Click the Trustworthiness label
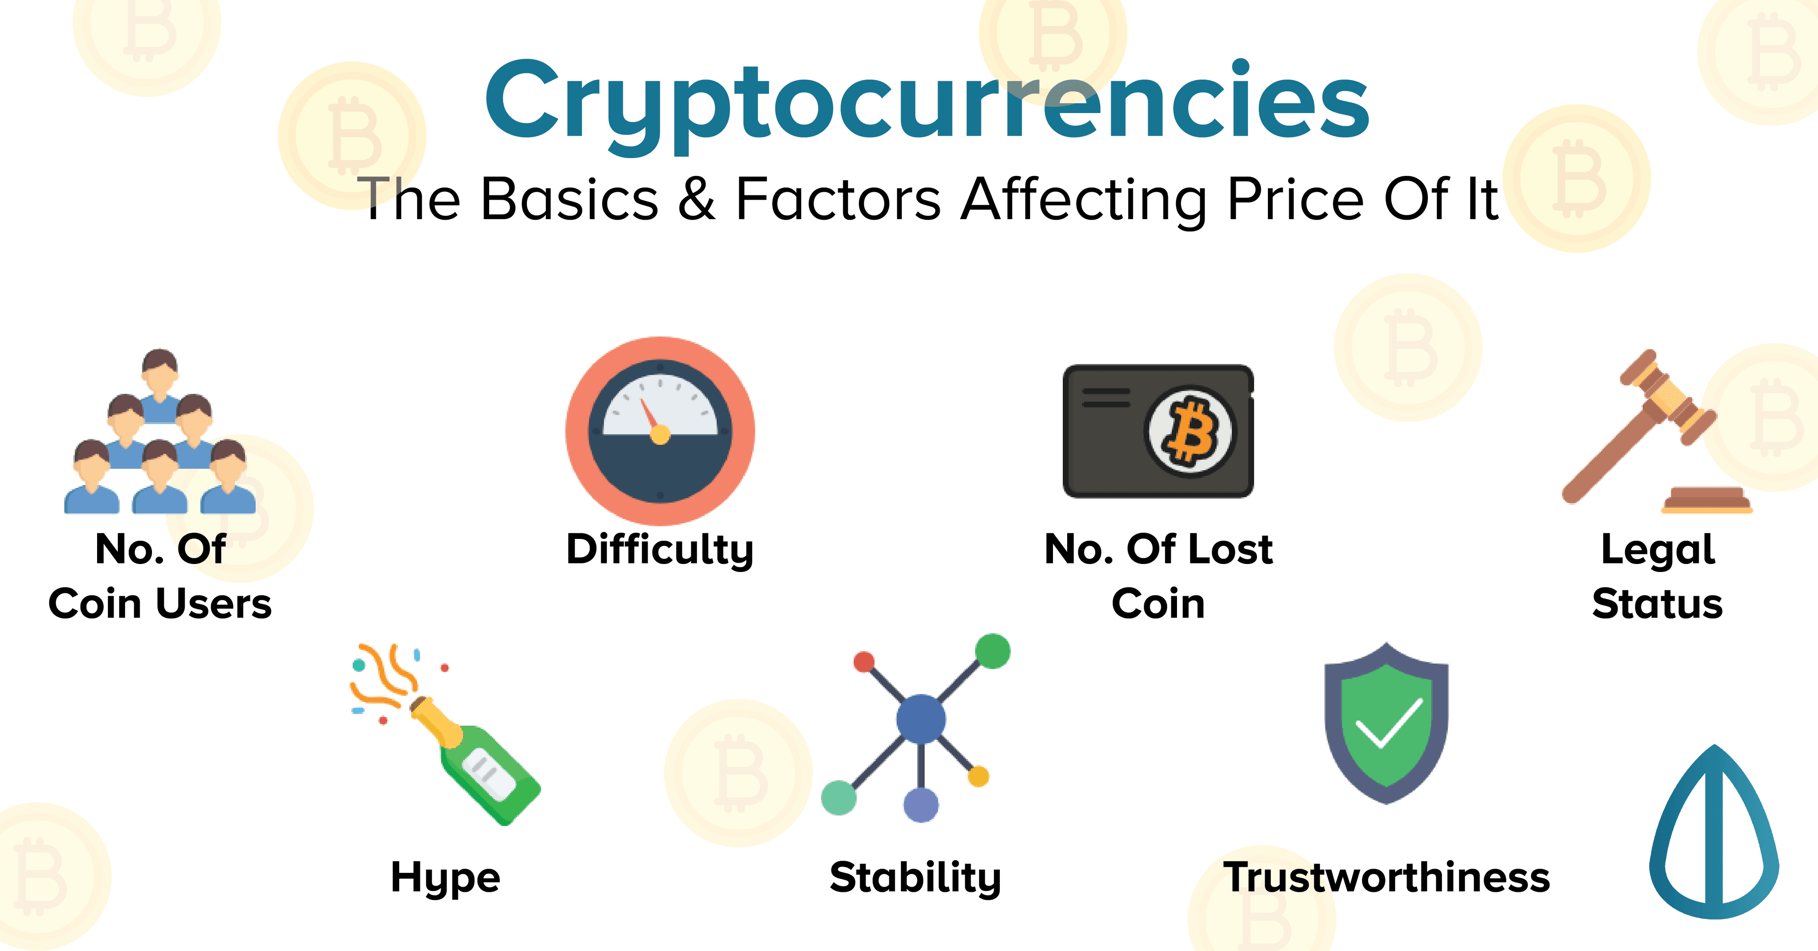[x=1386, y=878]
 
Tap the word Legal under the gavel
[x=1658, y=550]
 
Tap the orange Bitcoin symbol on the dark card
[x=1191, y=431]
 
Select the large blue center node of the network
[x=920, y=719]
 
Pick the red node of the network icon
[x=864, y=662]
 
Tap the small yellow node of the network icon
[x=978, y=777]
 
